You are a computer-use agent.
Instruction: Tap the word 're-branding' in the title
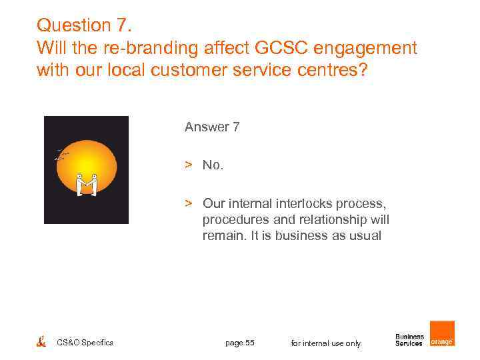[x=149, y=48]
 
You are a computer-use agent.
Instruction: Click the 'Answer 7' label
[x=212, y=127]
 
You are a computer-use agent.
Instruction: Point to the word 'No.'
[x=213, y=165]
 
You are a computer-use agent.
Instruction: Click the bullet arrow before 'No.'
[x=189, y=165]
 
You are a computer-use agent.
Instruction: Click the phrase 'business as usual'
[x=331, y=235]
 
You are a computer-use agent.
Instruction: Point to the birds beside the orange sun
[x=61, y=155]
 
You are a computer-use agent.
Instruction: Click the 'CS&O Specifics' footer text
[x=85, y=343]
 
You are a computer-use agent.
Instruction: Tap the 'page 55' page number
[x=239, y=343]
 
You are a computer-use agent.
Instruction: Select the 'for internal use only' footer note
[x=325, y=343]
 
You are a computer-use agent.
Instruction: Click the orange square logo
[x=442, y=333]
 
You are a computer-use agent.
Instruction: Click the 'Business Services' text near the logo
[x=409, y=340]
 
